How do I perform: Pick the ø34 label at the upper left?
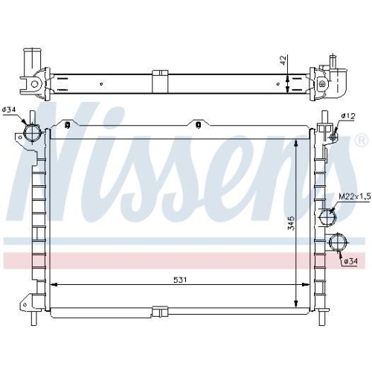point(9,110)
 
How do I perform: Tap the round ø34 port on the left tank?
point(33,133)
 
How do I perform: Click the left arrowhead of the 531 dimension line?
point(52,285)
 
